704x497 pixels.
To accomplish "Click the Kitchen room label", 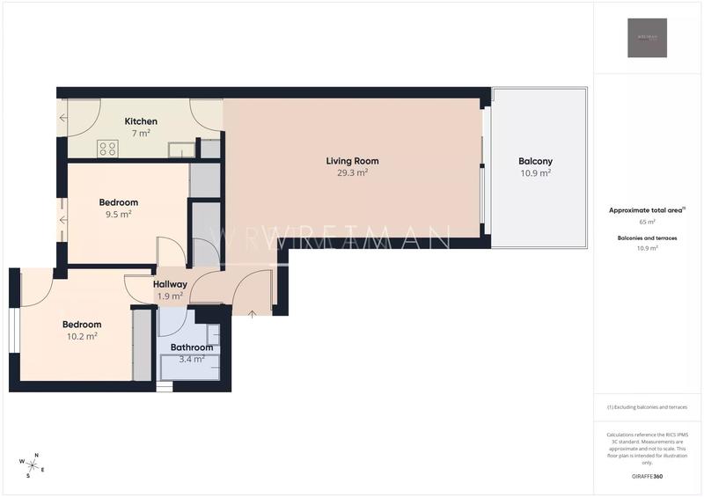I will pyautogui.click(x=141, y=121).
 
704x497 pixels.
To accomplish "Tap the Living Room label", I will pyautogui.click(x=352, y=161).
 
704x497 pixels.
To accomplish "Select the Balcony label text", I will pyautogui.click(x=535, y=161).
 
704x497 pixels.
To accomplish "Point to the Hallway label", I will pyautogui.click(x=170, y=284).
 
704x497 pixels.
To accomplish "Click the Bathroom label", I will pyautogui.click(x=192, y=347).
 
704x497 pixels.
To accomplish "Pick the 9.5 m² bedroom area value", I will pyautogui.click(x=118, y=214).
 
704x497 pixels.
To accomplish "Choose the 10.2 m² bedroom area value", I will pyautogui.click(x=82, y=336).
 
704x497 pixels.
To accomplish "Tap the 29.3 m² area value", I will pyautogui.click(x=352, y=173).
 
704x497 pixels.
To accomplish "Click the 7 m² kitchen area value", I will pyautogui.click(x=141, y=133).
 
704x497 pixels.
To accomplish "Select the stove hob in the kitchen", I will pyautogui.click(x=108, y=149).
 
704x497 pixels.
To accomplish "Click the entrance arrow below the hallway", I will pyautogui.click(x=252, y=312).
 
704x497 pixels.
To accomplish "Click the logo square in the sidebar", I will pyautogui.click(x=647, y=38).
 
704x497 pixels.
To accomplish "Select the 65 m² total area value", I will pyautogui.click(x=647, y=223).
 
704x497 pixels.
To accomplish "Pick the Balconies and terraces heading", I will pyautogui.click(x=647, y=238).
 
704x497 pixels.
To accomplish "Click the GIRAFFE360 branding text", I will pyautogui.click(x=647, y=476).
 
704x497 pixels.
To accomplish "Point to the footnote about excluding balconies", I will pyautogui.click(x=647, y=407).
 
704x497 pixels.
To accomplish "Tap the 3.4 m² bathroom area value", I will pyautogui.click(x=192, y=359).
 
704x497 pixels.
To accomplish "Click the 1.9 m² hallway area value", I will pyautogui.click(x=170, y=296).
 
